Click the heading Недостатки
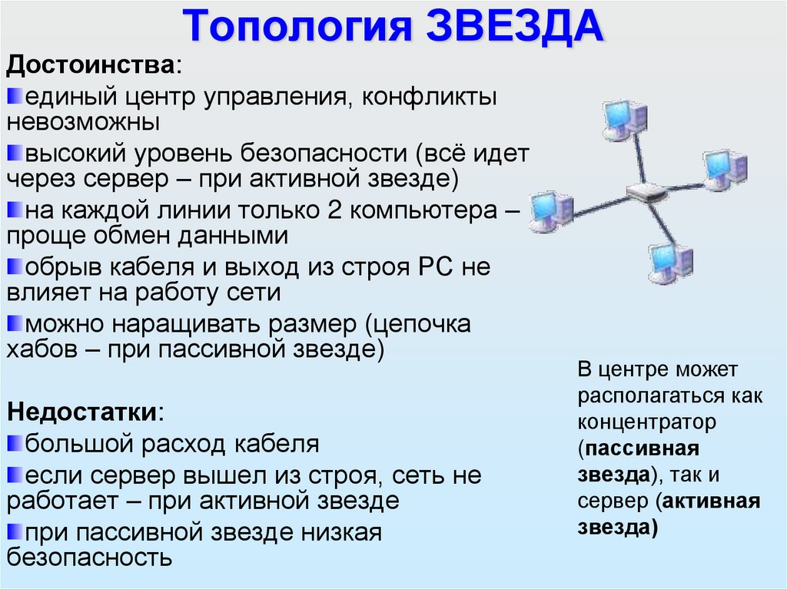tap(84, 411)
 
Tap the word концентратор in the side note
tap(647, 422)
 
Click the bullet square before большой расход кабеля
tap(15, 443)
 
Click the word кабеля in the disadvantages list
tap(272, 444)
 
